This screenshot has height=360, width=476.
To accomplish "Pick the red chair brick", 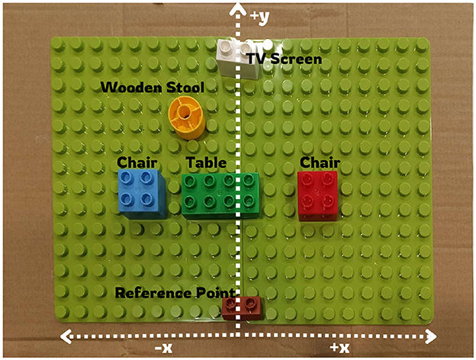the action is pos(317,194).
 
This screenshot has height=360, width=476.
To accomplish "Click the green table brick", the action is pos(220,195).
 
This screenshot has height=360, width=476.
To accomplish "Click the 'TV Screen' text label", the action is pos(285,59).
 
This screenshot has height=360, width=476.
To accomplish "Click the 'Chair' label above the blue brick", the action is pos(137,162).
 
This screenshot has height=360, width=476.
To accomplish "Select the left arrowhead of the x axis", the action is pos(64,335).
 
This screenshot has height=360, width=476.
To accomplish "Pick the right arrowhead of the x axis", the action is pos(433,335).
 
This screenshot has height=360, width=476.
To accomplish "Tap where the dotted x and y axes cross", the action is pos(240,335).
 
